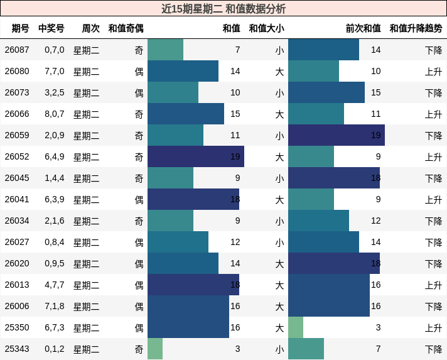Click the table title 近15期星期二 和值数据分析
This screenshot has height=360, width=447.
(x=223, y=9)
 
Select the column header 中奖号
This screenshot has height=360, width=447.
(x=51, y=28)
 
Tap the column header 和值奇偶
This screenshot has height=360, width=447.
(x=126, y=28)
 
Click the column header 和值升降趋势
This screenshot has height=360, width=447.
(x=416, y=28)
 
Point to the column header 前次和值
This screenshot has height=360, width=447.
(x=363, y=28)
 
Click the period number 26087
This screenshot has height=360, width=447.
(x=17, y=50)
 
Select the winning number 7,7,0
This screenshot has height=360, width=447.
(x=54, y=71)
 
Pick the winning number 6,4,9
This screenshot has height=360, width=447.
(x=54, y=156)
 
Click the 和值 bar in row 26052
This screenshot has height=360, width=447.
(x=195, y=156)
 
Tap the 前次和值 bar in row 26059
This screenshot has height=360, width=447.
(x=336, y=135)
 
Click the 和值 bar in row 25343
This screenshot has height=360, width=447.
(x=155, y=349)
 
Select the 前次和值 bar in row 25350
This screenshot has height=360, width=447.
(x=296, y=327)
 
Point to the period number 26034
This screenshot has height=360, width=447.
(x=17, y=221)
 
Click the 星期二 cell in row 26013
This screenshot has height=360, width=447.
(x=86, y=285)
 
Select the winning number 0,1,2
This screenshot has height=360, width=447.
(x=54, y=349)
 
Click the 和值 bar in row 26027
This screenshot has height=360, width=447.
(x=178, y=242)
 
